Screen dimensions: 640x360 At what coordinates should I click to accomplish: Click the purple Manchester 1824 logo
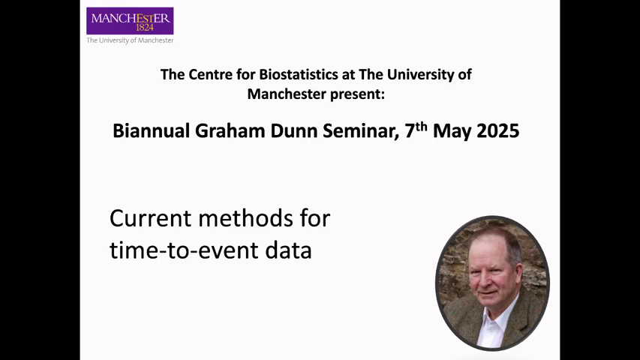pyautogui.click(x=130, y=21)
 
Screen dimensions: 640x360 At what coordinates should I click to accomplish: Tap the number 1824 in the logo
pyautogui.click(x=145, y=28)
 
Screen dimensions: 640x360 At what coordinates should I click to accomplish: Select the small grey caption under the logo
pyautogui.click(x=130, y=40)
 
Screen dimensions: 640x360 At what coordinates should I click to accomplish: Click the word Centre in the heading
pyautogui.click(x=222, y=75)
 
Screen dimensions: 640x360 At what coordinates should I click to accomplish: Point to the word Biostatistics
pyautogui.click(x=301, y=75)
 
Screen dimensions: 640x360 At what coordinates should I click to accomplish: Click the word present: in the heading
pyautogui.click(x=358, y=94)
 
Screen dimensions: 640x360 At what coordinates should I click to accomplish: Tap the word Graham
pyautogui.click(x=230, y=131)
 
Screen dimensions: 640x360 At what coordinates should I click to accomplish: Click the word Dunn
pyautogui.click(x=294, y=131)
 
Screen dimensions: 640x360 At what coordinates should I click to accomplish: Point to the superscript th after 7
pyautogui.click(x=422, y=126)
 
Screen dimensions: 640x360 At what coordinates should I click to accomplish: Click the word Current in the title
pyautogui.click(x=151, y=218)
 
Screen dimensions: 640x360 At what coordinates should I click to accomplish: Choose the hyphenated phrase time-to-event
pyautogui.click(x=185, y=250)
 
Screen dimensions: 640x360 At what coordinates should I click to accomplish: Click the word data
pyautogui.click(x=288, y=250)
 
